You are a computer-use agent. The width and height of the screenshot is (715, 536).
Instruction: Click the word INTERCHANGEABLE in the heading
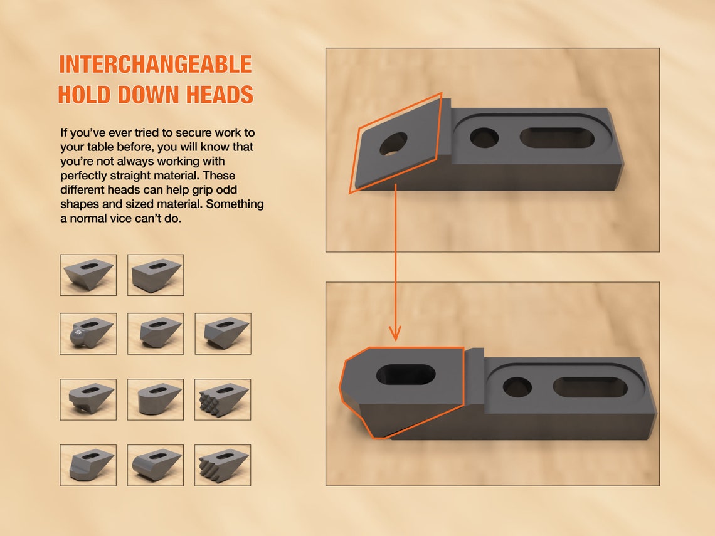[x=155, y=65]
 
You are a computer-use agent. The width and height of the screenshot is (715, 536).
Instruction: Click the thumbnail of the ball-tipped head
[x=88, y=334]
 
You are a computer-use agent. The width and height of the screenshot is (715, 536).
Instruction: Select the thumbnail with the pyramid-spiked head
[x=223, y=399]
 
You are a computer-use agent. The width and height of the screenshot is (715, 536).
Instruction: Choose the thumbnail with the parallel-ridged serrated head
[x=223, y=465]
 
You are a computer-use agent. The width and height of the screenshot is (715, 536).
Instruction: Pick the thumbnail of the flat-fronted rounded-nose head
[x=156, y=399]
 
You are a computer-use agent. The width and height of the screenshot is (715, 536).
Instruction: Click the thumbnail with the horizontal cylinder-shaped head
[x=156, y=465]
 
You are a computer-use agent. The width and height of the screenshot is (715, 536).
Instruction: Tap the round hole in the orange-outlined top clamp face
[x=393, y=143]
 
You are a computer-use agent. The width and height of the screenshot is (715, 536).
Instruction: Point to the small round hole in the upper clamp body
[x=484, y=137]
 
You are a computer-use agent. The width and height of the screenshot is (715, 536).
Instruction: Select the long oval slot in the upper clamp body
[x=557, y=138]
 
